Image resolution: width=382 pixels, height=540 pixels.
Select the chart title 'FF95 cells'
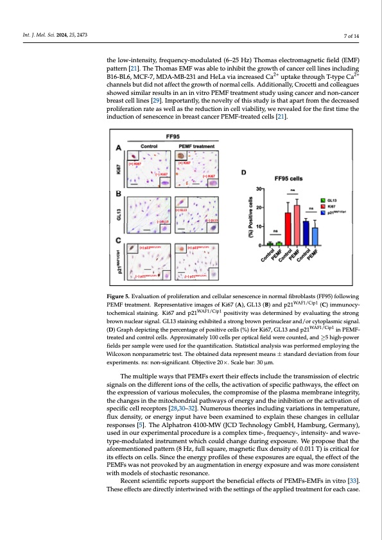[x=288, y=178]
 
